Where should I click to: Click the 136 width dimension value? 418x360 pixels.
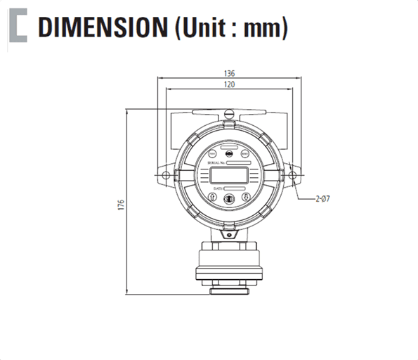coord(229,73)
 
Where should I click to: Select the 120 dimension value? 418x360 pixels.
coord(229,84)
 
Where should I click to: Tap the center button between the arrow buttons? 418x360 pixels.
coord(228,199)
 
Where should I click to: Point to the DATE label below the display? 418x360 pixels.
coord(218,188)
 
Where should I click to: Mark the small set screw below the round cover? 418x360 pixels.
coord(229,227)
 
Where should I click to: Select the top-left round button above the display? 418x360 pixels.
coord(213,153)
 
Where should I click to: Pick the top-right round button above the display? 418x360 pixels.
coord(244,153)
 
